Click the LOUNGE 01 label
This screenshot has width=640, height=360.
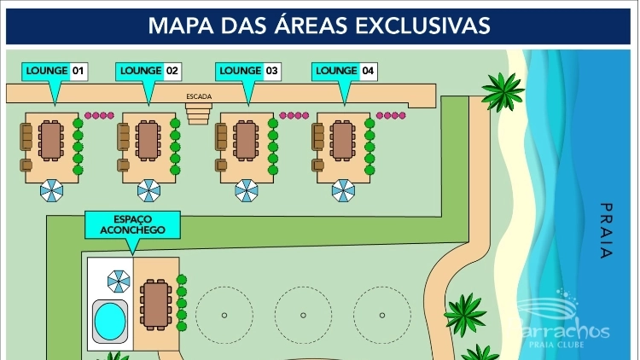(55, 71)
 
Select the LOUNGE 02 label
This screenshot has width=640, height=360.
(148, 71)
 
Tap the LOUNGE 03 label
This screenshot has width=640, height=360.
(248, 71)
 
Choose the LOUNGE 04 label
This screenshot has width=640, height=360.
(344, 71)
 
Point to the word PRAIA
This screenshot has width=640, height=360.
(606, 230)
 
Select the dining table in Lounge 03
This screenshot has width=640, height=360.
(246, 141)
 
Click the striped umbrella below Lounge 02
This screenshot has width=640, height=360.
(149, 190)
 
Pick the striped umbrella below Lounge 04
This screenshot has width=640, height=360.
(343, 190)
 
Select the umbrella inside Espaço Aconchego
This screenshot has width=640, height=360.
(119, 280)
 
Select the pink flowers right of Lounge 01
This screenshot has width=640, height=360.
(99, 115)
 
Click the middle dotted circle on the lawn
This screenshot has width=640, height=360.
(303, 315)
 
